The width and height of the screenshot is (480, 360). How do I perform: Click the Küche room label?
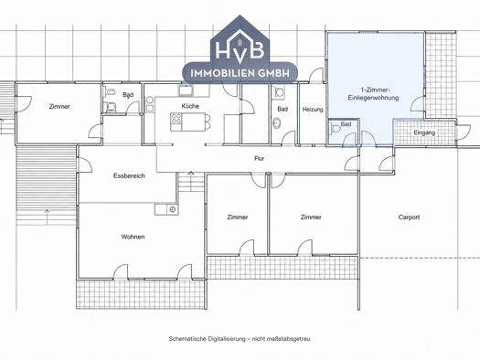point(190,106)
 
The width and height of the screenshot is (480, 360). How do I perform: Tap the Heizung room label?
point(313,110)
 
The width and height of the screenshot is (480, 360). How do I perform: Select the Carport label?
point(409,217)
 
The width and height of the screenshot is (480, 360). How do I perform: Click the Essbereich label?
point(129,175)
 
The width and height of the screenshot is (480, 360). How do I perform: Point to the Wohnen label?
point(133,237)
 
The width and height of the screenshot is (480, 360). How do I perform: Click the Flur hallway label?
point(259,158)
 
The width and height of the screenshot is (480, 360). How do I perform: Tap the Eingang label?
point(424,132)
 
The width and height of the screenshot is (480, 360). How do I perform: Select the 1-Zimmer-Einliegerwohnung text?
point(373,94)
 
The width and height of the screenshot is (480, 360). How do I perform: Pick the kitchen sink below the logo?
point(186,90)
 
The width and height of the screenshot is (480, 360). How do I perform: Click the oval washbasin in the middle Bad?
point(277,123)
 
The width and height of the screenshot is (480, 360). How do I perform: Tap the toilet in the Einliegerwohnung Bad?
point(334,128)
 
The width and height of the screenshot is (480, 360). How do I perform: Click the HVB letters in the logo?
point(240,48)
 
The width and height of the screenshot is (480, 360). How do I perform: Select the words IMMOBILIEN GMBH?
point(240,73)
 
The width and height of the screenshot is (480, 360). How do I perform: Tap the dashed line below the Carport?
point(420,259)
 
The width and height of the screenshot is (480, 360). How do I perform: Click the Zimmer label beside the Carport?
point(311,217)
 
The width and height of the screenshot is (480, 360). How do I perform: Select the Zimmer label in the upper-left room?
point(59,106)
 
